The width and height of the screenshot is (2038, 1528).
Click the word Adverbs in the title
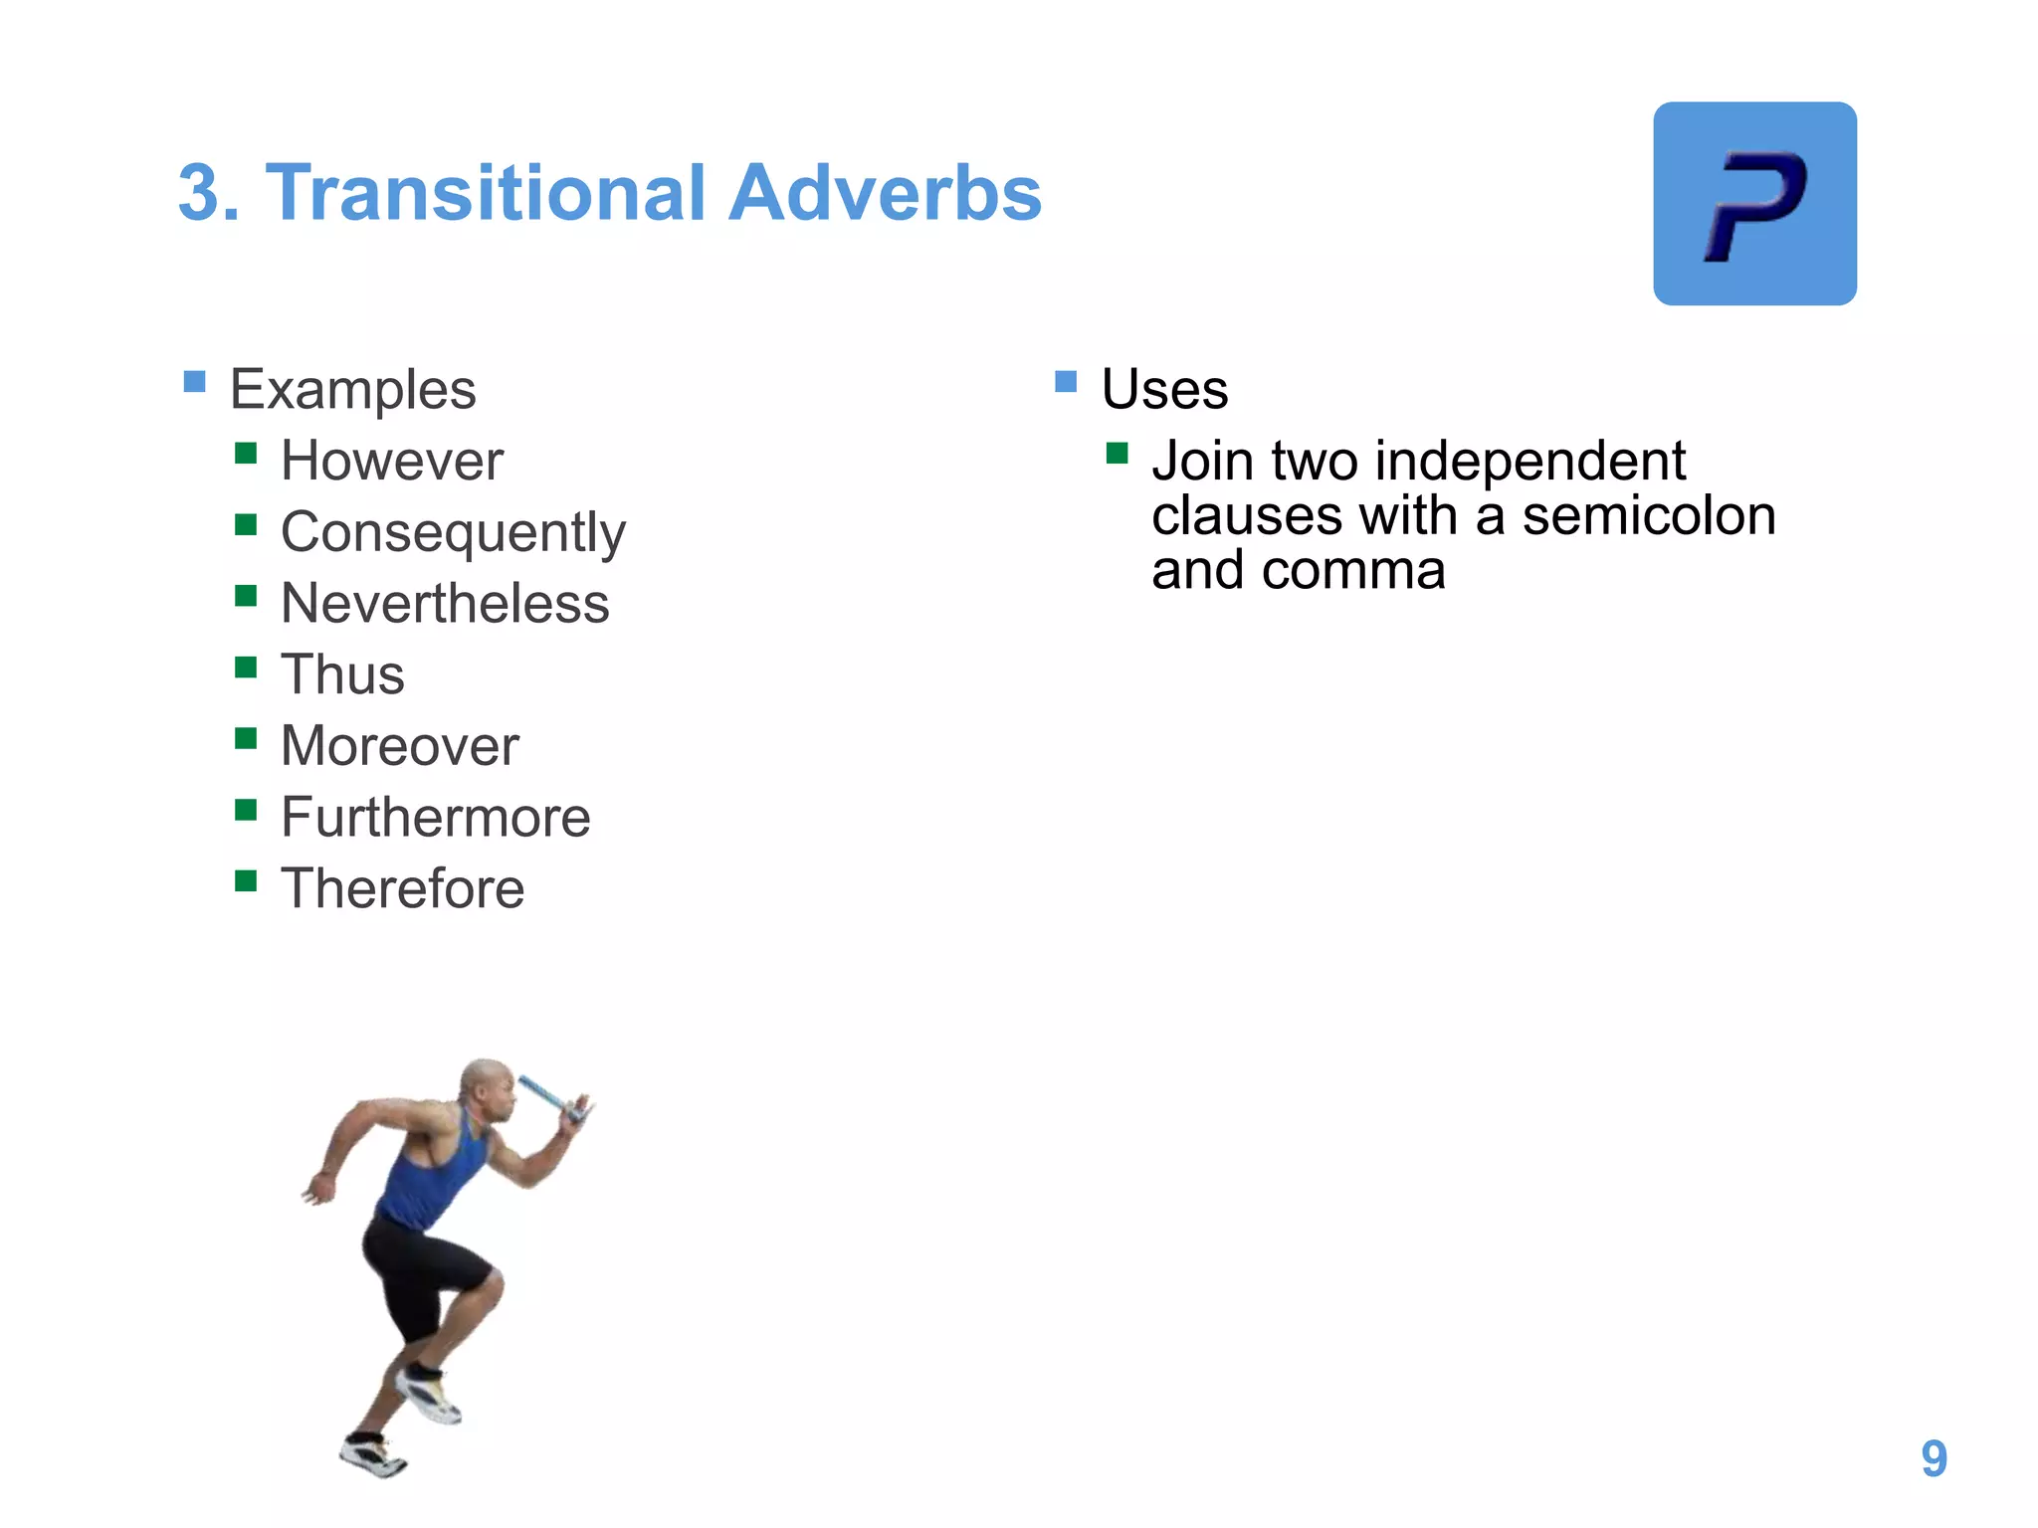pyautogui.click(x=885, y=193)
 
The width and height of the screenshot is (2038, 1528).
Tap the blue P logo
pyautogui.click(x=1754, y=204)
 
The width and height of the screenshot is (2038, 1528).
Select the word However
pyautogui.click(x=392, y=462)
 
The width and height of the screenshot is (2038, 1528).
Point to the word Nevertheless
pyautogui.click(x=445, y=604)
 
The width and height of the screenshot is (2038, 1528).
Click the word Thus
pyautogui.click(x=342, y=675)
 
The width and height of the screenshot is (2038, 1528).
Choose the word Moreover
pyautogui.click(x=399, y=746)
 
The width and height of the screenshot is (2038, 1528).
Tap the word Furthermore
pyautogui.click(x=435, y=818)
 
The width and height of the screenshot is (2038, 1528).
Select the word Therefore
pyautogui.click(x=402, y=888)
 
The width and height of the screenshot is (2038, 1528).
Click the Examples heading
pyautogui.click(x=352, y=390)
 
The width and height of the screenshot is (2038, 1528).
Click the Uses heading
pyautogui.click(x=1164, y=389)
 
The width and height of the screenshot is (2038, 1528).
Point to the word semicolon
pyautogui.click(x=1649, y=516)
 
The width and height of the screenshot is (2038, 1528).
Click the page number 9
pyautogui.click(x=1934, y=1459)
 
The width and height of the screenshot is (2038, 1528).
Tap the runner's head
pyautogui.click(x=487, y=1087)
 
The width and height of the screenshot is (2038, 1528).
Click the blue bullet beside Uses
pyautogui.click(x=1066, y=382)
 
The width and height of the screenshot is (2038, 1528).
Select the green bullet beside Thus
pyautogui.click(x=246, y=668)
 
